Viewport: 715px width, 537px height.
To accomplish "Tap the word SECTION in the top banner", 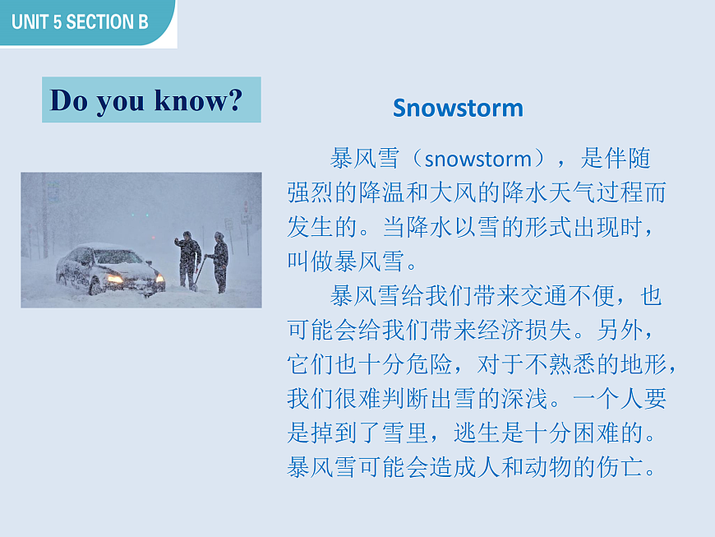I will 96,22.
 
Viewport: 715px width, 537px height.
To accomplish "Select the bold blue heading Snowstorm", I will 458,108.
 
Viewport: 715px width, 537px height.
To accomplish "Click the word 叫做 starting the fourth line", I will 307,262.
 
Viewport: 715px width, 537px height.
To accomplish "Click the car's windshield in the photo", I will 116,257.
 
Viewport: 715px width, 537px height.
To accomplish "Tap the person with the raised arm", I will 188,259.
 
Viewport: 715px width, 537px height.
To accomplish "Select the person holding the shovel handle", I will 219,262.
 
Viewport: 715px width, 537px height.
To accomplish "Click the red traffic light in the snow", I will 134,215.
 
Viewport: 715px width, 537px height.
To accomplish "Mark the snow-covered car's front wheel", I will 95,286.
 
